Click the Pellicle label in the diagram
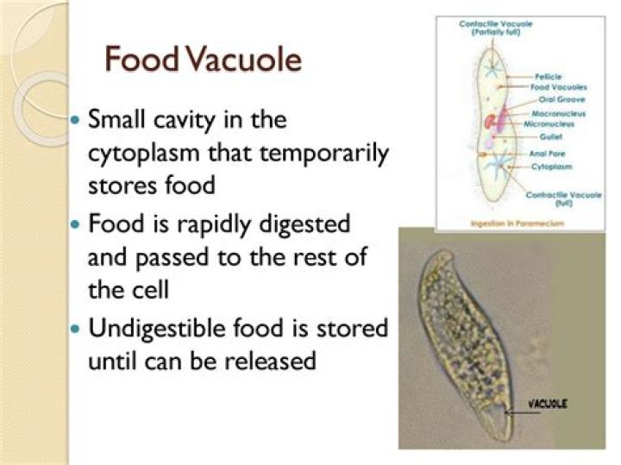tap(548, 76)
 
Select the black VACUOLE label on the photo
tap(548, 404)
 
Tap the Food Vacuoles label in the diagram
tap(559, 87)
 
